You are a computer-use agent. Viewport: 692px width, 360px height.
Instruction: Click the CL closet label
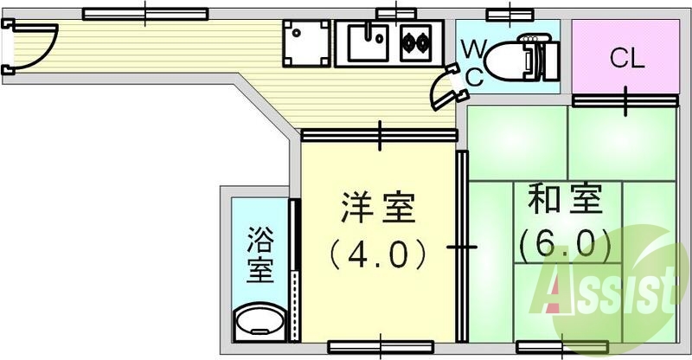tap(626, 59)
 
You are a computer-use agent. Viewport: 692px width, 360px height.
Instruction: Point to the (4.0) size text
tap(378, 252)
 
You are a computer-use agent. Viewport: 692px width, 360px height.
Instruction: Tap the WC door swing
tap(450, 87)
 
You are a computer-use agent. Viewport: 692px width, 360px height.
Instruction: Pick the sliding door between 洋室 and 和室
tap(462, 247)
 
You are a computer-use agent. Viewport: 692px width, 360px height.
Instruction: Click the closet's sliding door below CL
tap(625, 100)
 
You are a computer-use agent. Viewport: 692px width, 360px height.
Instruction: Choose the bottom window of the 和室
tap(549, 347)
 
